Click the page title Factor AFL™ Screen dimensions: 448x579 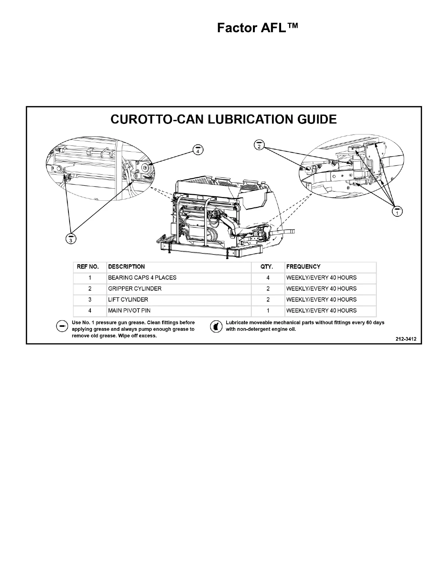pos(258,28)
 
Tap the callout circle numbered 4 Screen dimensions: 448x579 pos(198,149)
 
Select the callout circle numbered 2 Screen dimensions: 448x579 pos(259,145)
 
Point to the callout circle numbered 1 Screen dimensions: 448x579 pos(397,211)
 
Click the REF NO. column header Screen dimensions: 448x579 pos(88,267)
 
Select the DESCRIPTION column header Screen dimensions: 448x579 pos(127,267)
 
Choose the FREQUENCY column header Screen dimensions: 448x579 pos(303,267)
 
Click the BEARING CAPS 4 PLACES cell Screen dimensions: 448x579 pos(142,278)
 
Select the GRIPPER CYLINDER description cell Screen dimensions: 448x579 pos(135,289)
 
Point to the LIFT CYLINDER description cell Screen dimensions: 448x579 pos(128,300)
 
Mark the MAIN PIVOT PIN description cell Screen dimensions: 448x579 pos(129,311)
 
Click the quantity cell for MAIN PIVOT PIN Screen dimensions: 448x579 pos(268,311)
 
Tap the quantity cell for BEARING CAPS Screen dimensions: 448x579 pos(268,278)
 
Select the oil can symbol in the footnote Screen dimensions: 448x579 pos(216,326)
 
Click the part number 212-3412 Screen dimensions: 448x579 pos(406,339)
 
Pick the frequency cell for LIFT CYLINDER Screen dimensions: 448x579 pos(321,300)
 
